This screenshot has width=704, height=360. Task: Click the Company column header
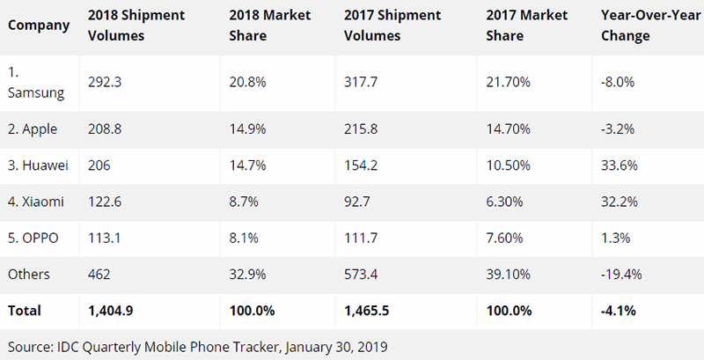39,26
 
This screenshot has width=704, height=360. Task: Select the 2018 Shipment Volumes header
136,26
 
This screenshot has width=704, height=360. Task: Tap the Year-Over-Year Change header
650,26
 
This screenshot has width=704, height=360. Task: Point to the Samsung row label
36,83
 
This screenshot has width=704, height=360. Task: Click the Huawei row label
38,165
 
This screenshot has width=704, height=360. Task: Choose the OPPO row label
33,238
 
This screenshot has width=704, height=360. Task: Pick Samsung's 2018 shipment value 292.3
105,82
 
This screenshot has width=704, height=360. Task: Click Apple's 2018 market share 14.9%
247,129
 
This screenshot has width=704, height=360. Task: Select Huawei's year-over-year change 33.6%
620,165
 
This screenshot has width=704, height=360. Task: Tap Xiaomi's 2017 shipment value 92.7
357,202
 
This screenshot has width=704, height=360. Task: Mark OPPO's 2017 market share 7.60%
504,238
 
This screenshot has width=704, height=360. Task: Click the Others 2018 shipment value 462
99,275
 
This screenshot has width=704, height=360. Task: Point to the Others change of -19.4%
621,275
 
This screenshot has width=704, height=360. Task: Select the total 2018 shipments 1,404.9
111,311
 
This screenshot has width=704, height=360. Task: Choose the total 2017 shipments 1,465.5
367,311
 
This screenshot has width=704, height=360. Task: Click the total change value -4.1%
619,311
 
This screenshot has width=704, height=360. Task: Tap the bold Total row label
25,311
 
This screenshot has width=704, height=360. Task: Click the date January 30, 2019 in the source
336,347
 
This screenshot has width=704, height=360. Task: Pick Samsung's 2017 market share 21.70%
508,82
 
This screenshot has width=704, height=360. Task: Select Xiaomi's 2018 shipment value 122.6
105,202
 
